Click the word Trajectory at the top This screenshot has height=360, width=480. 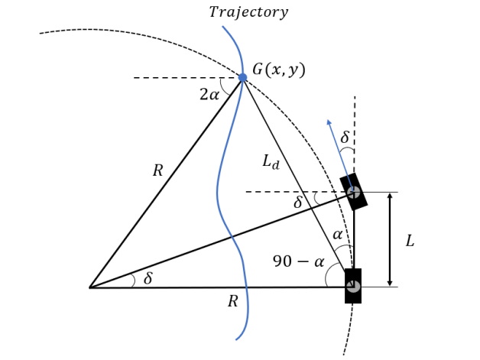point(248,12)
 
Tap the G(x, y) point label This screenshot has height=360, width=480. point(278,70)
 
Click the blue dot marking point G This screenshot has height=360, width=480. point(243,77)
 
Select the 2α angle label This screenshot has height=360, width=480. point(209,95)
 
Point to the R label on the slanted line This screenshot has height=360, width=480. point(157,170)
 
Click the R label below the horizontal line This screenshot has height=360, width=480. point(232,302)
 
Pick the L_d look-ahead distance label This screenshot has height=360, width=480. point(271,161)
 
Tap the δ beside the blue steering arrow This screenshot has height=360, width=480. point(345,138)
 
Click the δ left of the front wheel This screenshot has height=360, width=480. point(298,203)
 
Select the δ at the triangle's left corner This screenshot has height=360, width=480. point(148,279)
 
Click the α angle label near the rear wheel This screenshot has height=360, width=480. point(337,235)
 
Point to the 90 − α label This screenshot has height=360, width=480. point(298,261)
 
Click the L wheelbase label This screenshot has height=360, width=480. point(410,241)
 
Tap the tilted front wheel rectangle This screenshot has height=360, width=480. point(353,192)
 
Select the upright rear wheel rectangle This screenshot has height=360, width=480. point(352,286)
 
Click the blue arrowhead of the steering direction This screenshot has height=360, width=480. point(329,122)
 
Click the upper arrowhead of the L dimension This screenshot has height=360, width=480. point(390,196)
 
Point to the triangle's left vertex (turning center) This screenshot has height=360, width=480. point(89,287)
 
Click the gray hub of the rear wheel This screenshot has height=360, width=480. point(352,286)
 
